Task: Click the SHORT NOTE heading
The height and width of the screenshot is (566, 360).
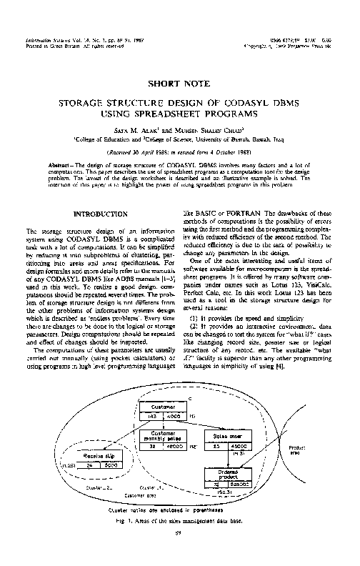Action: coord(180,84)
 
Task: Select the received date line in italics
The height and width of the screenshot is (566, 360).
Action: coord(180,152)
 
